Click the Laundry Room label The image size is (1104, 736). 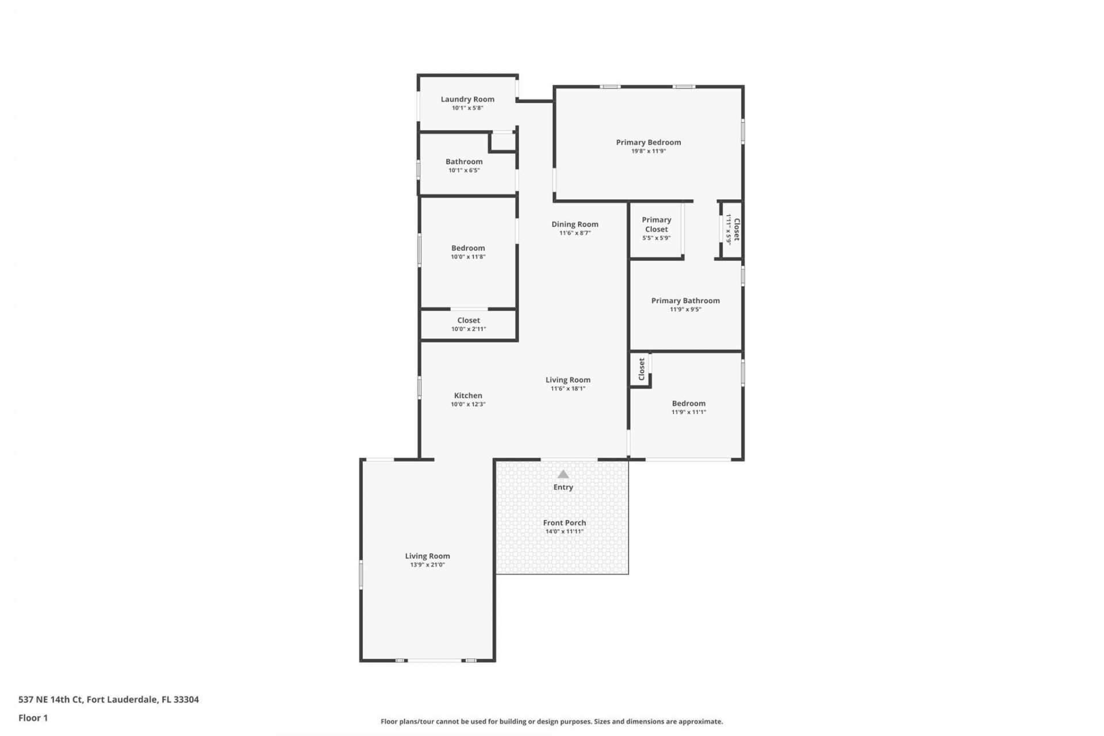[x=467, y=99]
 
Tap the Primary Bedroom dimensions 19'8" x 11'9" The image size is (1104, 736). [x=648, y=151]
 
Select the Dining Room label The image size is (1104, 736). [x=574, y=224]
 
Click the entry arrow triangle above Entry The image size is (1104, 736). [x=563, y=474]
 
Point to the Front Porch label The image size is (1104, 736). [x=564, y=523]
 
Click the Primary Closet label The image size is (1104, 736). [x=656, y=224]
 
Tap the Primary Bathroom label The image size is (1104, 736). [x=685, y=300]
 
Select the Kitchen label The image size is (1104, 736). [x=467, y=395]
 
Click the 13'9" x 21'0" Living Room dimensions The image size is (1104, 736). [x=427, y=565]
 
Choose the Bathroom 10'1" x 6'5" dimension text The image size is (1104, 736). [x=463, y=170]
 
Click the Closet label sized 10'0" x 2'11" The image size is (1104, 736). [x=468, y=320]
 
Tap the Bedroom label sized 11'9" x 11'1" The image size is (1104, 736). [x=688, y=403]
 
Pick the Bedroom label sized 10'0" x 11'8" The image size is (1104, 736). [x=467, y=248]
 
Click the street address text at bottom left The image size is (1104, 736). [x=109, y=699]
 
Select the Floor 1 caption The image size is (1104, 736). [x=33, y=718]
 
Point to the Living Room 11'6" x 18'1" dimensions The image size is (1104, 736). [x=568, y=389]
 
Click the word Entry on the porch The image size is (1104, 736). [x=563, y=487]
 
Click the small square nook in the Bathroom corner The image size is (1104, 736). [x=503, y=141]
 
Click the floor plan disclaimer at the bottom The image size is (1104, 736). [x=551, y=721]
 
